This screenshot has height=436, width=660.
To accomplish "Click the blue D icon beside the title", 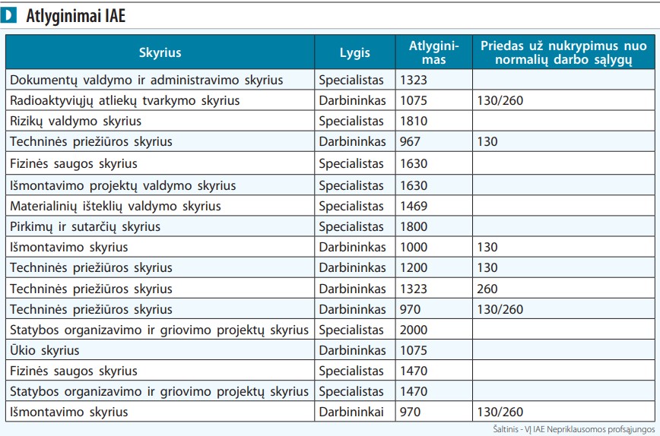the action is click(8, 15).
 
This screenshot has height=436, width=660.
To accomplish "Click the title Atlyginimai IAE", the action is click(76, 15).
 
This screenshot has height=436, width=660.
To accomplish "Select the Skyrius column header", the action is click(160, 52).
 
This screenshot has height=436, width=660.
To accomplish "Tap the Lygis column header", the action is click(355, 53).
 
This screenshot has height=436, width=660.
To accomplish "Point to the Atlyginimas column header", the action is click(434, 52).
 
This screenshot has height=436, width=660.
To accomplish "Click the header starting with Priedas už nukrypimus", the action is click(563, 52).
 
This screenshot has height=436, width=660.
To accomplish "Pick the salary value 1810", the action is click(414, 121).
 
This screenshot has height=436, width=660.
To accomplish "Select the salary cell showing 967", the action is click(410, 142).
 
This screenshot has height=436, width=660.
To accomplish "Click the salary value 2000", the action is click(414, 330).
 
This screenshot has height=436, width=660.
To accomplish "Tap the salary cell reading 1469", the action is click(414, 206).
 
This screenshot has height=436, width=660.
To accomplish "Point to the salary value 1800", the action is click(414, 226).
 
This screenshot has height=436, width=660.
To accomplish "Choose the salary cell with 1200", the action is click(414, 268).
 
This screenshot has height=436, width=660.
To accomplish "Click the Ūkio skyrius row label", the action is click(45, 350).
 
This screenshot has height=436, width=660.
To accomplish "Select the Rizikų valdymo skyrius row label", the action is click(76, 122).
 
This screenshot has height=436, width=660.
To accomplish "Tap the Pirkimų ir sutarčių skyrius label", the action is click(85, 227).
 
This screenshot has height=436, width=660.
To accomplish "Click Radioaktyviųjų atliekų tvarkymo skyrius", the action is click(125, 101).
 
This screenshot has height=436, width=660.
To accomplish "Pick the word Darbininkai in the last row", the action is click(351, 412).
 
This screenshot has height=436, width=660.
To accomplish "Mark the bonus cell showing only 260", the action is click(487, 289).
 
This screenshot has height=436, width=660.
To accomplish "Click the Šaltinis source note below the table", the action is click(574, 429).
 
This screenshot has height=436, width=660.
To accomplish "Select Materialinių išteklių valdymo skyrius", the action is click(116, 207).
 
